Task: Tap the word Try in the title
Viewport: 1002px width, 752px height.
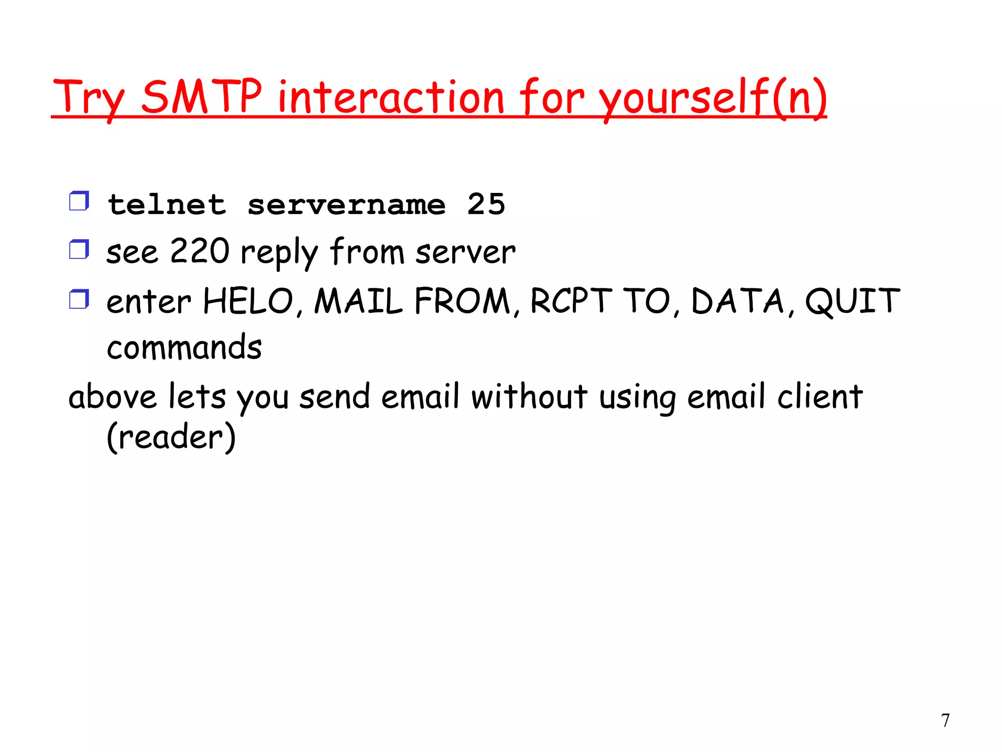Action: tap(88, 98)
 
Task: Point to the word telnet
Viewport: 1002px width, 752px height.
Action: tap(167, 204)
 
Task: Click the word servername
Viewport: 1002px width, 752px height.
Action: tap(346, 205)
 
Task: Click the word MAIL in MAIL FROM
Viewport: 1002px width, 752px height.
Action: tap(358, 301)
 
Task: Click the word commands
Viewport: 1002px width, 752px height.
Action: tap(184, 347)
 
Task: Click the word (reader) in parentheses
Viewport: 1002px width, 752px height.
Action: tap(171, 437)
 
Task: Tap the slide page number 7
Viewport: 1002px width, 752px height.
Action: tap(945, 720)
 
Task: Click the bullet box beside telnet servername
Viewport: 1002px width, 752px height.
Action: tap(79, 201)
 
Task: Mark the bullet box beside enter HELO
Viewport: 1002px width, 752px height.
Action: tap(79, 299)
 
